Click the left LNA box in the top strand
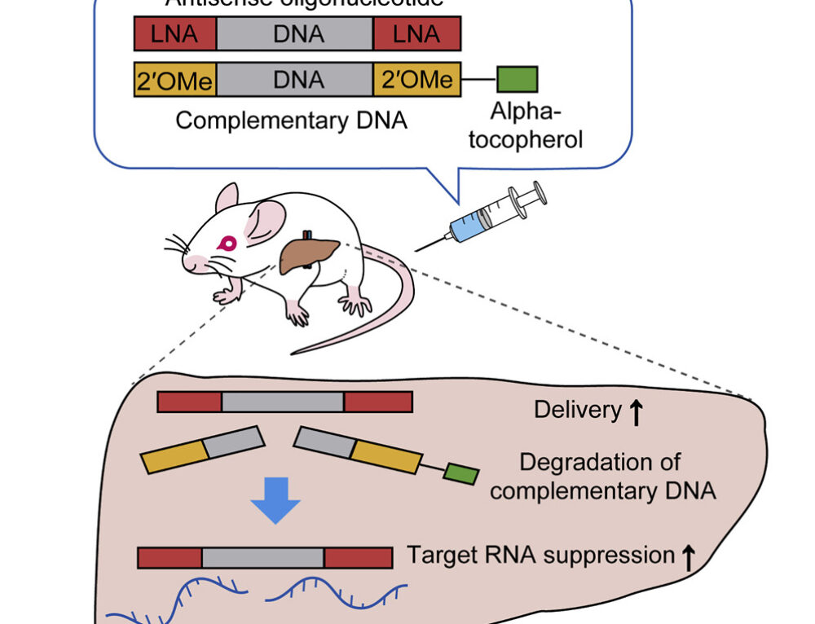175,34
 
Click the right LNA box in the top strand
416,34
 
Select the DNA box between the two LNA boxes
295,34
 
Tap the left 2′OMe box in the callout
175,80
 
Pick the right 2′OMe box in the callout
416,80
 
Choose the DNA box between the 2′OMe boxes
295,80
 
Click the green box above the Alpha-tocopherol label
517,79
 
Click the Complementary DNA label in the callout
291,121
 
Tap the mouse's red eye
227,243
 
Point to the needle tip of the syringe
418,249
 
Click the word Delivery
577,410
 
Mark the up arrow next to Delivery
637,412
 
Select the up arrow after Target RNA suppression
688,557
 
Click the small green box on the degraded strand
461,474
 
